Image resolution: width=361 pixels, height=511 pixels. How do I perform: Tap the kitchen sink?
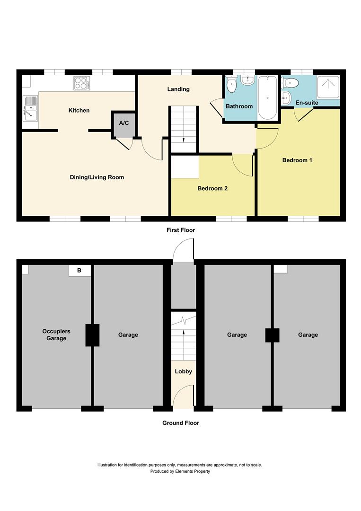coord(30,108)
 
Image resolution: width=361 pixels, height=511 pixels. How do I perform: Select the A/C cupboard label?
coord(123,123)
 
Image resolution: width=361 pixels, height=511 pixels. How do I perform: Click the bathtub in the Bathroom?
coord(268,98)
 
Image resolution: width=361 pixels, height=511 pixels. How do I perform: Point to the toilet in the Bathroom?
coord(231,86)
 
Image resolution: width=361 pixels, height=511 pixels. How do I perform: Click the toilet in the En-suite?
coord(291,84)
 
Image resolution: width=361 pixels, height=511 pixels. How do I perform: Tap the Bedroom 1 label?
coord(297,160)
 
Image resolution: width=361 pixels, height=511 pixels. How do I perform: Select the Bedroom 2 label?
coord(212,188)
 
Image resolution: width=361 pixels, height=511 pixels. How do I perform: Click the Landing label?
coord(178,89)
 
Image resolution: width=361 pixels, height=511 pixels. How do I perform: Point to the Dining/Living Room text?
coord(97,177)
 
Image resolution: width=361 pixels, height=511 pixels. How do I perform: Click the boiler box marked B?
coord(79,271)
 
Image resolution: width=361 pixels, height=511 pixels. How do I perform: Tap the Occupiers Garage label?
coord(53,335)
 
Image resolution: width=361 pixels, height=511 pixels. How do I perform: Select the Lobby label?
coord(183,371)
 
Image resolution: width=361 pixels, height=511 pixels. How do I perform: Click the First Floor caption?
coord(180,230)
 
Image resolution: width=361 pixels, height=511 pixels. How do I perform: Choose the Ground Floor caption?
coord(180,423)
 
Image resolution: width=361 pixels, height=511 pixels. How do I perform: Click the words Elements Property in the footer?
coord(192,471)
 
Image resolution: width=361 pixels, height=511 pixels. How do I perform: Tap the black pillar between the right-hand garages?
coord(272,335)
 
